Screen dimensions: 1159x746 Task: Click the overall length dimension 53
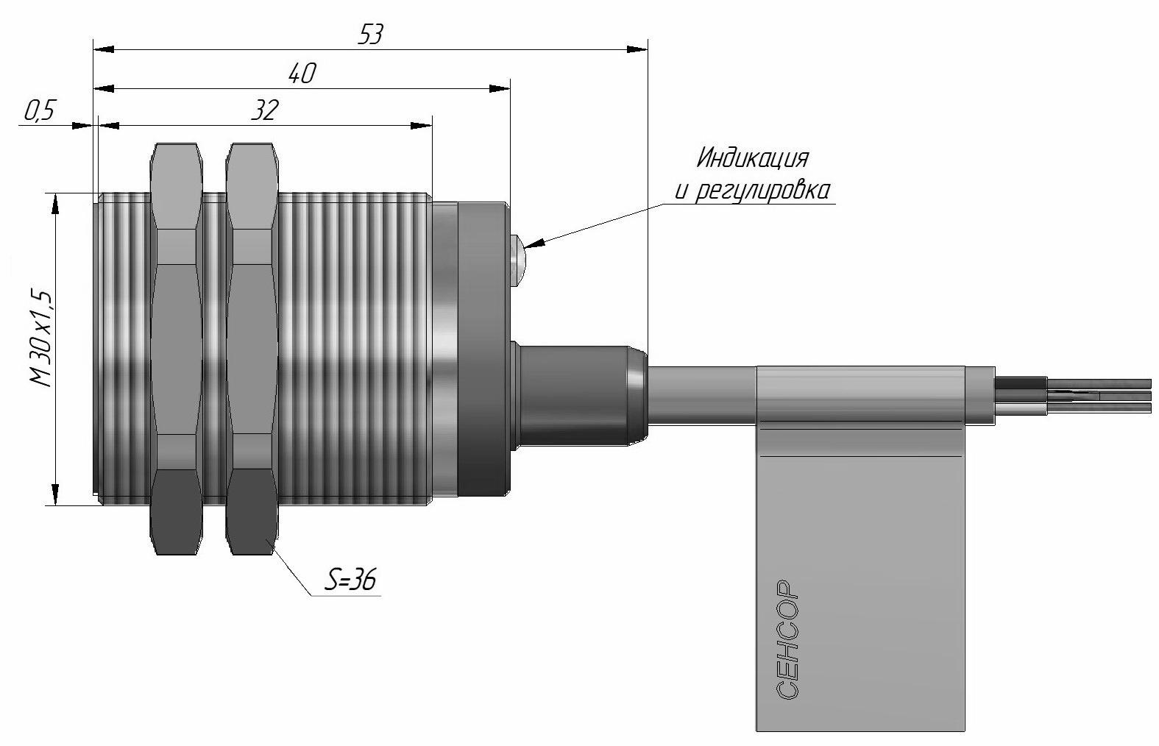coord(370,35)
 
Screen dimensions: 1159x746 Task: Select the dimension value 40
coord(302,74)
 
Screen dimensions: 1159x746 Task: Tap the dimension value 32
coord(265,110)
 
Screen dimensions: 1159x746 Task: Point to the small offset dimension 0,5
coord(39,110)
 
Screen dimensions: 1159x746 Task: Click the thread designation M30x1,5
coord(41,339)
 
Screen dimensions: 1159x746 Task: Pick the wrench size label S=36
coord(350,580)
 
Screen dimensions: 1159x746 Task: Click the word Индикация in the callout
coord(752,157)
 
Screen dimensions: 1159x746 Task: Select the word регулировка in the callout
coord(762,191)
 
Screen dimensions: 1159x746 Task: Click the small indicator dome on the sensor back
coord(517,261)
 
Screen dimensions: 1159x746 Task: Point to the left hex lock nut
coord(176,349)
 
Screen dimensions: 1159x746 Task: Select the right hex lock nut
coord(252,349)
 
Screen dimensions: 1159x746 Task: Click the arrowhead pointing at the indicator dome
coord(535,243)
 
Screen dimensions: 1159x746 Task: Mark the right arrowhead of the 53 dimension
coord(637,49)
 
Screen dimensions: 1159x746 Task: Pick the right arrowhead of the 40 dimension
coord(500,89)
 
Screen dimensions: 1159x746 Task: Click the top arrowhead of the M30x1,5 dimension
coord(56,205)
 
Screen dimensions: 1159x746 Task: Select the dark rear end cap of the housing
coord(482,349)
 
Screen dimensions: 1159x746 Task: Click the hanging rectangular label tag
coord(860,548)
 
